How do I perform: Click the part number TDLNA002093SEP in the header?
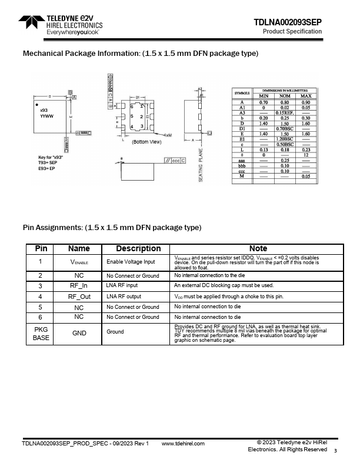pyautogui.click(x=288, y=22)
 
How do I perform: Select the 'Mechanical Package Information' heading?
pyautogui.click(x=140, y=54)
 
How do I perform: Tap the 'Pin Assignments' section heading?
pyautogui.click(x=112, y=227)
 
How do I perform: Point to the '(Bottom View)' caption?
pyautogui.click(x=146, y=142)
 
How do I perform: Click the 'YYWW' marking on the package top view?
pyautogui.click(x=47, y=116)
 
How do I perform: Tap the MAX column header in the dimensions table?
pyautogui.click(x=305, y=95)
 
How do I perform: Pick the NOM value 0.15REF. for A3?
pyautogui.click(x=285, y=112)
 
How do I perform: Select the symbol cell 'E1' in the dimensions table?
pyautogui.click(x=242, y=139)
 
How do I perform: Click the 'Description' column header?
pyautogui.click(x=138, y=248)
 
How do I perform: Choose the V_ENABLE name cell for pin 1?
pyautogui.click(x=79, y=261)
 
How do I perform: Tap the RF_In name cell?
pyautogui.click(x=79, y=285)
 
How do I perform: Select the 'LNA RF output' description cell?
pyautogui.click(x=124, y=297)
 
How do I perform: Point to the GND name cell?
pyautogui.click(x=79, y=332)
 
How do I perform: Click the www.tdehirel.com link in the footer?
pyautogui.click(x=182, y=444)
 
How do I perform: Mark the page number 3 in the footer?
pyautogui.click(x=335, y=451)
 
